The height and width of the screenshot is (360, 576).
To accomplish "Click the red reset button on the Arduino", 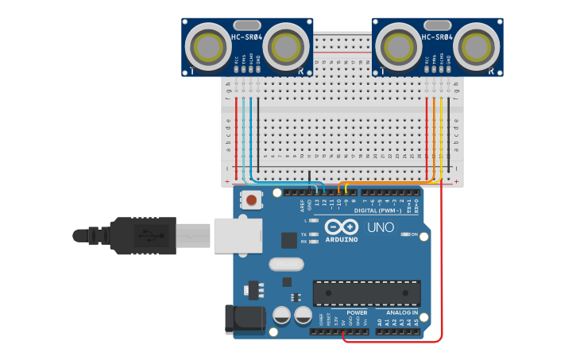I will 252,199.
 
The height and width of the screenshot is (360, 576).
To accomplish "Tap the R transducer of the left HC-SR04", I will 285,47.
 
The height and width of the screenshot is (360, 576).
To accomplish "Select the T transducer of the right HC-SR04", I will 400,47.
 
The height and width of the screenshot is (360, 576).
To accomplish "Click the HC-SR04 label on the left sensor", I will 247,37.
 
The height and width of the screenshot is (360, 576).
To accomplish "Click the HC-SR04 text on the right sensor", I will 437,37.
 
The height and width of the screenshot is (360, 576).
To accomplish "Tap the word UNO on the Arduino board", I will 381,228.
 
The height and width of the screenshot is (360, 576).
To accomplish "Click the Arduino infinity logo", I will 342,226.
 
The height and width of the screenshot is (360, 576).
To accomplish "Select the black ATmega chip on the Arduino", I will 366,292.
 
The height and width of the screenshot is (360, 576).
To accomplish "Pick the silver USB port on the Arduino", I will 238,236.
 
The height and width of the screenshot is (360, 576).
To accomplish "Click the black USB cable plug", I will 143,235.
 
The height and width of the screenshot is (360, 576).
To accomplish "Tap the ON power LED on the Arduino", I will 404,234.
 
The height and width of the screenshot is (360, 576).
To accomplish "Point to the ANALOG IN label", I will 402,312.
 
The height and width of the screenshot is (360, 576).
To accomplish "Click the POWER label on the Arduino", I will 357,312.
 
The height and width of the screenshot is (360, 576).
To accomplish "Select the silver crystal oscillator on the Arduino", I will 287,264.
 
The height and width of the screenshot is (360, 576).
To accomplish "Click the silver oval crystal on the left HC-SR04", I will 247,25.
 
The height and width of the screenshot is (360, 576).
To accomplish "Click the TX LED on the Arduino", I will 314,234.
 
